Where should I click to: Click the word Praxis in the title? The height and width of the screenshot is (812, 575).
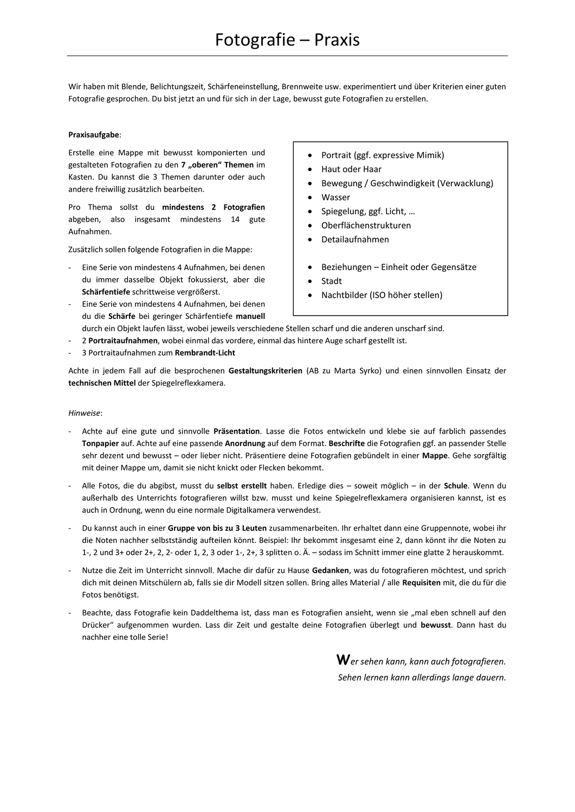(x=337, y=40)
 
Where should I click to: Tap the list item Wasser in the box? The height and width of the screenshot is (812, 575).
(x=335, y=197)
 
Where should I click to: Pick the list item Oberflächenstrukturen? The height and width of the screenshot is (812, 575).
(x=366, y=225)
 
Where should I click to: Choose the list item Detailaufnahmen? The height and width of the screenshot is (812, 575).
(x=355, y=239)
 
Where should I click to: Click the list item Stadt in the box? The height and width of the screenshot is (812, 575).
(x=331, y=281)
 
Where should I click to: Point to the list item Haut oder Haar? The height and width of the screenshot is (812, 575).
(x=351, y=169)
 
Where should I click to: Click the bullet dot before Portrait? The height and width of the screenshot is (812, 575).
(x=309, y=155)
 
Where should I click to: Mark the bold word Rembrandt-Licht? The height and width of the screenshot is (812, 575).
(x=205, y=352)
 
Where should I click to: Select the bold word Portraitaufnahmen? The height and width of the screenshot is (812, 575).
(x=123, y=340)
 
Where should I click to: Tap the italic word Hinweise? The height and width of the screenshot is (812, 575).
(x=85, y=412)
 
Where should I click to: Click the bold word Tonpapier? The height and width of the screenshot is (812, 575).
(x=100, y=443)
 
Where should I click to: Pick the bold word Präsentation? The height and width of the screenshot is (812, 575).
(x=236, y=431)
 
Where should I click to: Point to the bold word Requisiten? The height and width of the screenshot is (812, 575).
(x=421, y=582)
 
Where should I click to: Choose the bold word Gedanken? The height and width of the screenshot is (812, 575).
(x=331, y=570)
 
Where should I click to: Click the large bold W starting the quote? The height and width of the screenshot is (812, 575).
(x=343, y=660)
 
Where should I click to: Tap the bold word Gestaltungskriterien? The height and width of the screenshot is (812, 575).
(x=265, y=371)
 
